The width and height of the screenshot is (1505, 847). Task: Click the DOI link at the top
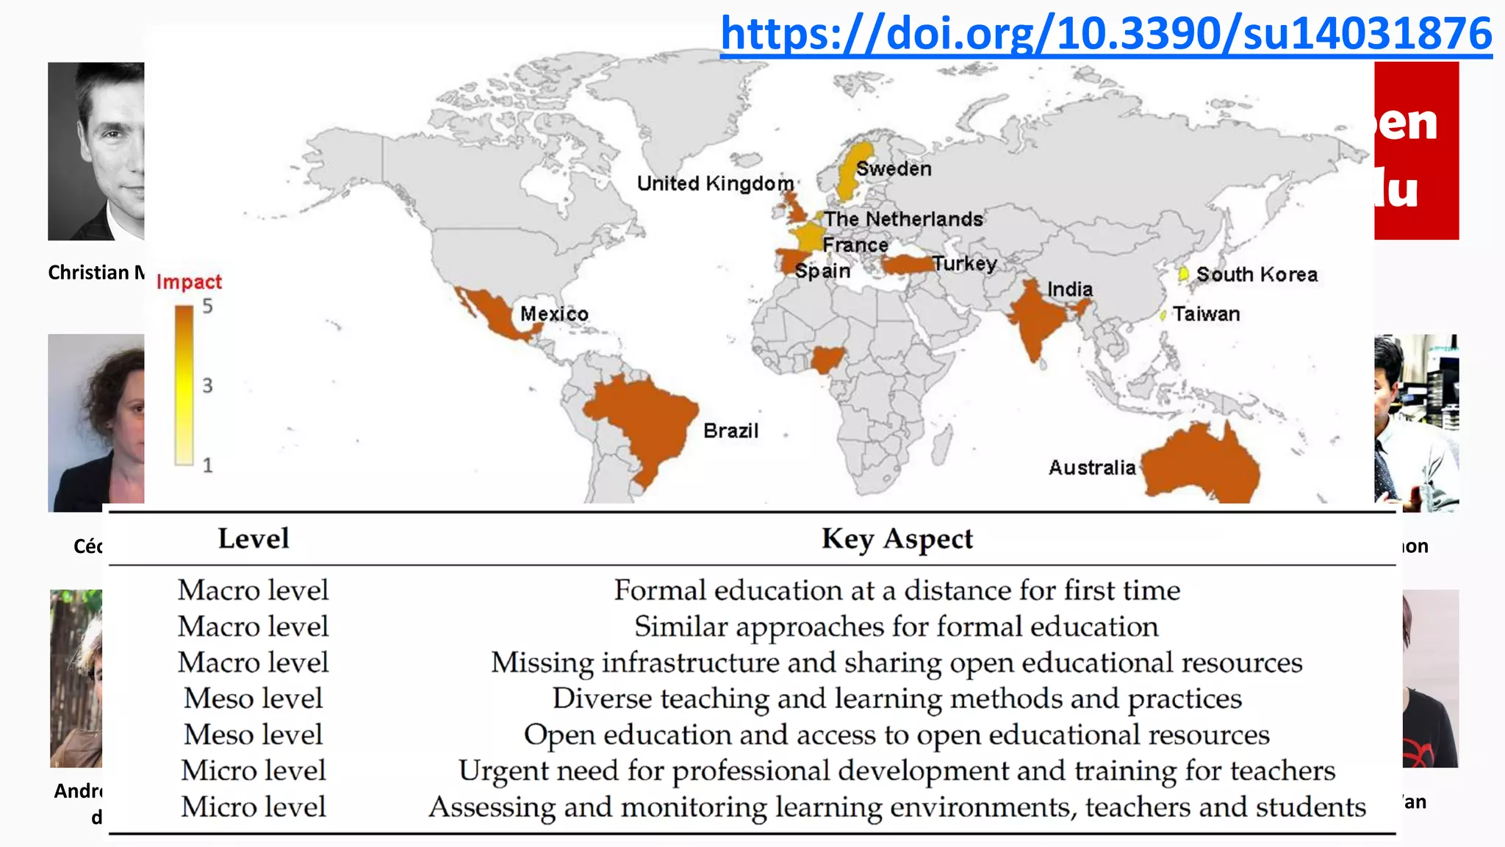tap(1105, 34)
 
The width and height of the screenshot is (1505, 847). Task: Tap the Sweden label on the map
tap(894, 169)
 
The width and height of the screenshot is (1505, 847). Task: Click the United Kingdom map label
tap(715, 184)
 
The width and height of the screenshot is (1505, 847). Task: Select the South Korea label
tap(1257, 275)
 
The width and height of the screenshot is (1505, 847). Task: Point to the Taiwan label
tap(1206, 315)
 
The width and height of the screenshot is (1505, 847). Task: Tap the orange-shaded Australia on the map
tap(1202, 467)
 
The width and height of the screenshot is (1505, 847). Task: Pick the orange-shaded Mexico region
tap(494, 312)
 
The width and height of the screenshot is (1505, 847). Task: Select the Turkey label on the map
tap(964, 264)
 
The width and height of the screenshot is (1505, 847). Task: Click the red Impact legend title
tap(189, 282)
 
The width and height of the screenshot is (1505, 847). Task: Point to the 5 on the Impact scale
tap(208, 307)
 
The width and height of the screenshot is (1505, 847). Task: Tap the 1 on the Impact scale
tap(208, 465)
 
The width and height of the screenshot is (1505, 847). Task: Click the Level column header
tap(254, 539)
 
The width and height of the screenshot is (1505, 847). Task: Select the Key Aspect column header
tap(897, 539)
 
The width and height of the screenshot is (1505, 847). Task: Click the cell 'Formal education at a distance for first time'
tap(897, 590)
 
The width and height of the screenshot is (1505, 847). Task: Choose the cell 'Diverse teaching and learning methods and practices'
tap(897, 698)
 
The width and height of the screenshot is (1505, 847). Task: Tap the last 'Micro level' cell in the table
tap(254, 807)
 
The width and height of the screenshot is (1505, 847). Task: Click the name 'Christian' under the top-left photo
tap(88, 273)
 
